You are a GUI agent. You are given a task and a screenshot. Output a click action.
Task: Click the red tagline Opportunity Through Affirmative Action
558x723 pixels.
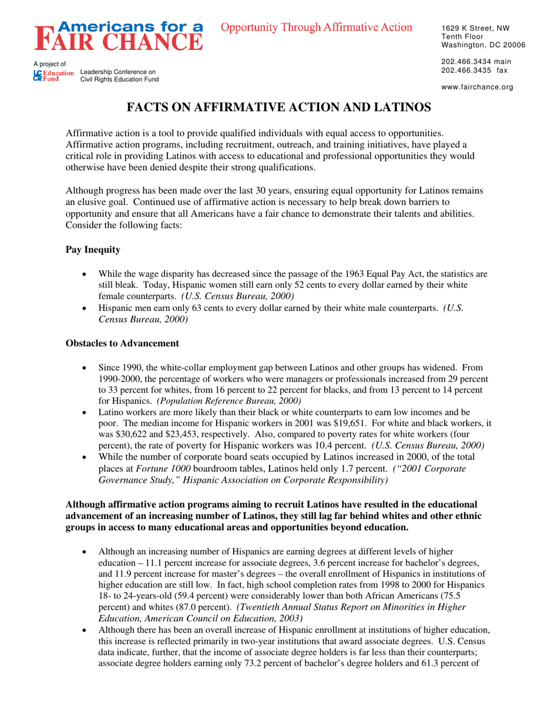[x=317, y=27]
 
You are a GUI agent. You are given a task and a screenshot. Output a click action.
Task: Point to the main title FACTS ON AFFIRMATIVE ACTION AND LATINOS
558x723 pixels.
[x=279, y=107]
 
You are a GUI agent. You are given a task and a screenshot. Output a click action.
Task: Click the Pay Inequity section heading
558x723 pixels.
[x=93, y=250]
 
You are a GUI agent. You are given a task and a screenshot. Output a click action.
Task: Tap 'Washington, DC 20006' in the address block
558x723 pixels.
[x=483, y=45]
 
